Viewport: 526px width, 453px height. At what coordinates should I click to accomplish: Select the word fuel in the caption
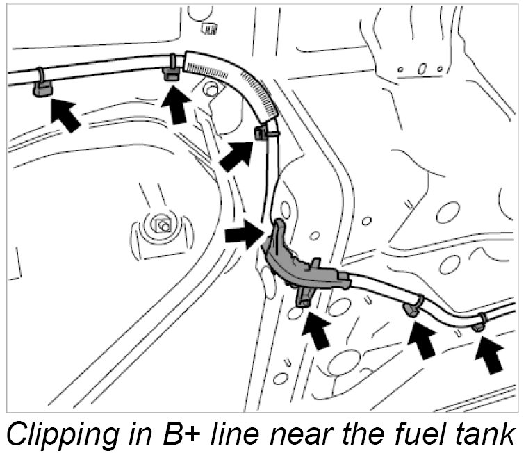pos(388,432)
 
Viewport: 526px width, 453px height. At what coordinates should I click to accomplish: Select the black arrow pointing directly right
pos(245,235)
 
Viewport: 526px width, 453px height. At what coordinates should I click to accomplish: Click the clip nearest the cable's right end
pos(478,323)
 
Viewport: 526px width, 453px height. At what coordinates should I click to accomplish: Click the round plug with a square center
pos(163,224)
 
